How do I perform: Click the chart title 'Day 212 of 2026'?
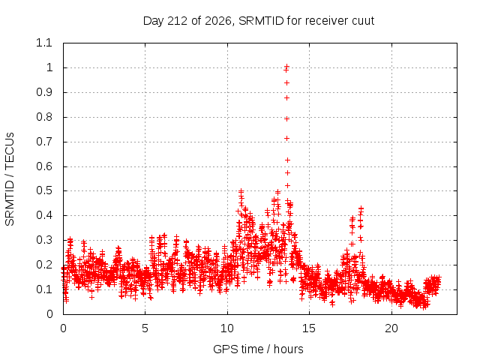tap(187, 21)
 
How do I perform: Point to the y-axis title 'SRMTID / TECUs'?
tap(10, 179)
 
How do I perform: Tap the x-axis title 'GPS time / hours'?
tap(258, 349)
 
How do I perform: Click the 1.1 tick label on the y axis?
tap(44, 43)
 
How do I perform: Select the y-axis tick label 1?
tap(49, 67)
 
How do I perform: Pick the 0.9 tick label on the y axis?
tap(44, 92)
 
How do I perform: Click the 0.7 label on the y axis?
tap(44, 142)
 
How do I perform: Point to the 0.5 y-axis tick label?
tap(44, 190)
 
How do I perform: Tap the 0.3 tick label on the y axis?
tap(44, 240)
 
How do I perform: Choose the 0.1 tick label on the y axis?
tap(44, 289)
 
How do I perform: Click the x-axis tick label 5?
tap(145, 328)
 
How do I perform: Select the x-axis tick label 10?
tap(226, 328)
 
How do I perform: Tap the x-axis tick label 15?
tap(309, 328)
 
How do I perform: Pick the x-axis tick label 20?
tap(391, 328)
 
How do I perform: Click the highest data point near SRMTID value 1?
tap(286, 66)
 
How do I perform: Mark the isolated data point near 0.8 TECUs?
tap(286, 118)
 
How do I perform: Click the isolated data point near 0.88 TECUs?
tap(286, 98)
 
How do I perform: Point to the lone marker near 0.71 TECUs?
tap(286, 138)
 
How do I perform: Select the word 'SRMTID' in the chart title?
tap(261, 21)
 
